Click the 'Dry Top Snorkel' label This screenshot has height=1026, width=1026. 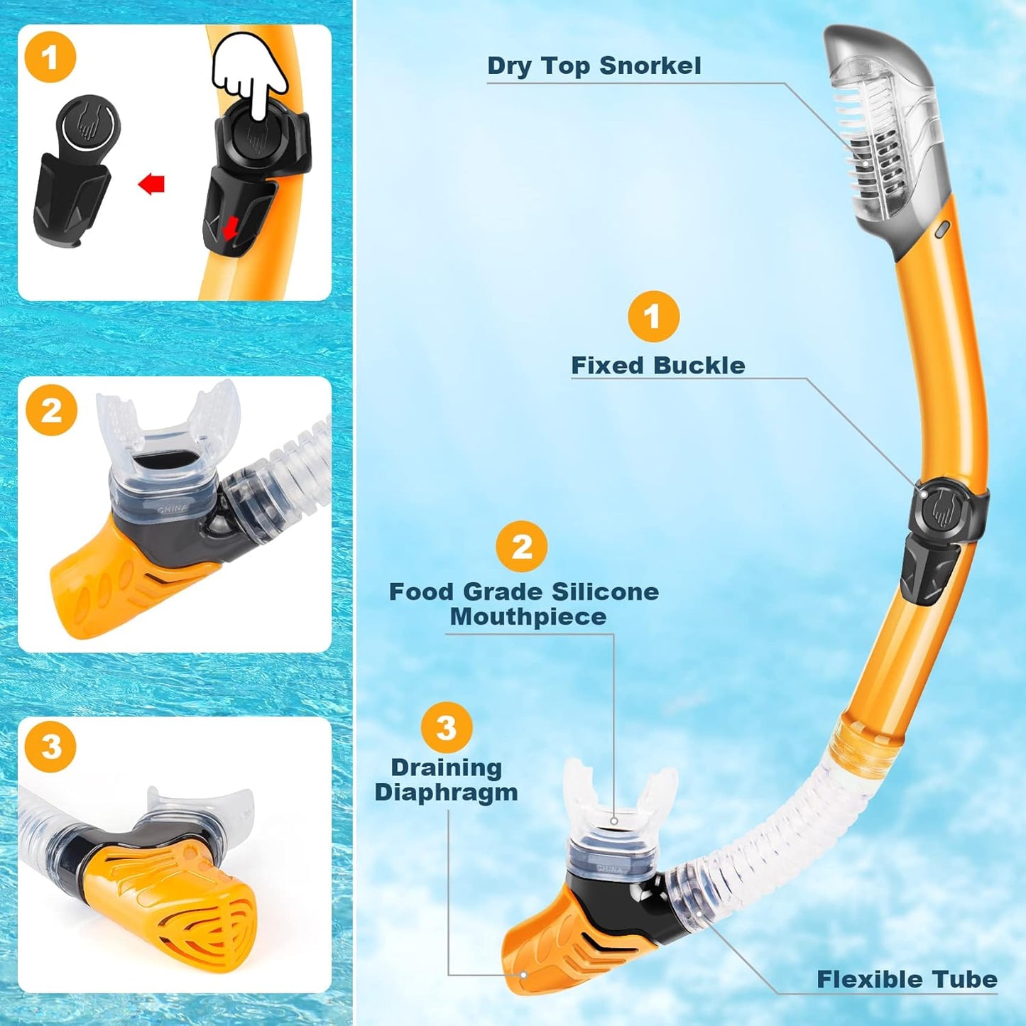(594, 65)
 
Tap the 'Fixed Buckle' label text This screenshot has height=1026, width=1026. (657, 366)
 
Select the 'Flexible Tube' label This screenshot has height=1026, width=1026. (907, 980)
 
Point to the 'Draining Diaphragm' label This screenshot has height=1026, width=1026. (447, 780)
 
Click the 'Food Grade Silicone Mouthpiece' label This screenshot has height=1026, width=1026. (524, 604)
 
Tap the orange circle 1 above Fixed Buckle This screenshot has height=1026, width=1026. (653, 316)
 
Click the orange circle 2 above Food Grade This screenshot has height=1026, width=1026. (522, 546)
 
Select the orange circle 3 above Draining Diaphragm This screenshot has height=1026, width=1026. (446, 727)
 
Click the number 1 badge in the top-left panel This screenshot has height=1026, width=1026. (50, 57)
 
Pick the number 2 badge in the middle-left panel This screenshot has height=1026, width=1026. (51, 410)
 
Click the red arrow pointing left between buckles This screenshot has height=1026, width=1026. (151, 185)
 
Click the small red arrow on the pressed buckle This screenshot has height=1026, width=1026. (229, 229)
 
